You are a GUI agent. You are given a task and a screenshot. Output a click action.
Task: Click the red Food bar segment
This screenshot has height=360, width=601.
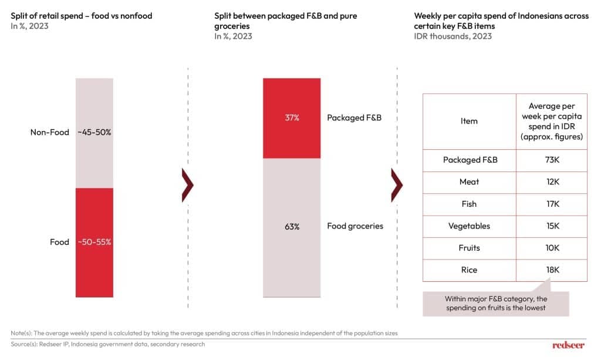(x=94, y=243)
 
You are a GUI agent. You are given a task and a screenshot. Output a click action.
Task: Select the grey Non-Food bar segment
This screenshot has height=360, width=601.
(x=94, y=133)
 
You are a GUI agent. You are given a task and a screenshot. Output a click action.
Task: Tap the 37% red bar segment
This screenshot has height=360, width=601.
(x=292, y=118)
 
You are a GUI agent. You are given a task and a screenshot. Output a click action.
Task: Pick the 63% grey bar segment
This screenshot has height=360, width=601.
(x=292, y=227)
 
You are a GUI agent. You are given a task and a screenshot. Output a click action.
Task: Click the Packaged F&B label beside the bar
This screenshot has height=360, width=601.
(x=354, y=118)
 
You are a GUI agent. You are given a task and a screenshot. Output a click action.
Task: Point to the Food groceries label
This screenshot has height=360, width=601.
(x=354, y=226)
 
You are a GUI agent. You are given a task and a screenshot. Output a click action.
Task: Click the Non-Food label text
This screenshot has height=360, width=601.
(x=50, y=133)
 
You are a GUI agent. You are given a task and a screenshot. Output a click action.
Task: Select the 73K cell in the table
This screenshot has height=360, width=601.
(x=552, y=160)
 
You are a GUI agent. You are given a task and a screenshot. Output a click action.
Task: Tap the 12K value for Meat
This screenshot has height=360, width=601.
(x=552, y=182)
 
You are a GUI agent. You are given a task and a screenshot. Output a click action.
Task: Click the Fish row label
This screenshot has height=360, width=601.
(x=469, y=204)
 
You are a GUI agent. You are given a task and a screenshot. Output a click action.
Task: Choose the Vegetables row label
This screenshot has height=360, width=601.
(x=469, y=226)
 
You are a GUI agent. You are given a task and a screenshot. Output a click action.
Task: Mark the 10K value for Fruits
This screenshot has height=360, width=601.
(x=552, y=248)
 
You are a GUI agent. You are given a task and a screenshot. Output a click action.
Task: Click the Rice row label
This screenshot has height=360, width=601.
(x=469, y=270)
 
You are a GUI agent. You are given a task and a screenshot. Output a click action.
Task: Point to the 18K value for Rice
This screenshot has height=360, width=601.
(x=552, y=270)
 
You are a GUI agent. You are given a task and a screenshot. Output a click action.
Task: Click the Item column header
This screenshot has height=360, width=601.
(x=469, y=121)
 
